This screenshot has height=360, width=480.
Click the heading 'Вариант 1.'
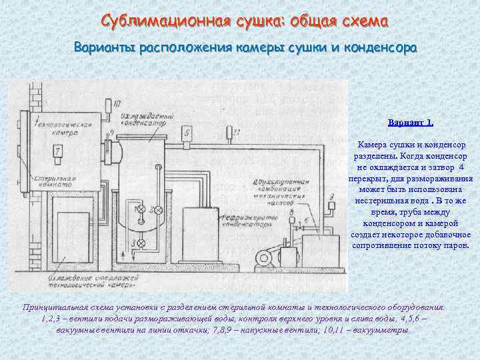pos(411,123)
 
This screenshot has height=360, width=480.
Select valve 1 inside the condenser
pos(141,210)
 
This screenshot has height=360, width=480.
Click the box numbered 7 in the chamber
pos(58,152)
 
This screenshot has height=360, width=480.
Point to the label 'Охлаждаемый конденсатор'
pos(142,120)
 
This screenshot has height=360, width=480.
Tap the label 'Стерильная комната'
pos(53,184)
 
